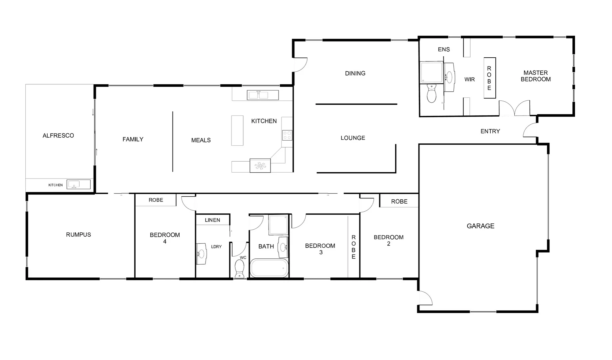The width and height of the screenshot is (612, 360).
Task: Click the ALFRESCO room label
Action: (x=58, y=135)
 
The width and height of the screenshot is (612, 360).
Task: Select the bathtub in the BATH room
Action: (x=269, y=268)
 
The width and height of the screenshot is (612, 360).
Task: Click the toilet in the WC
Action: (x=240, y=268)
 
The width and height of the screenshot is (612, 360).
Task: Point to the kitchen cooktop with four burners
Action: (x=287, y=135)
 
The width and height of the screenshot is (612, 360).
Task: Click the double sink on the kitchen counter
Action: (x=263, y=95)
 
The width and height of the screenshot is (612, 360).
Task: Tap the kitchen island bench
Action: (x=237, y=130)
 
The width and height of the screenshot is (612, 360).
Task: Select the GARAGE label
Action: (x=480, y=226)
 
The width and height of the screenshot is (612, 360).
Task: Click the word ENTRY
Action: (x=490, y=131)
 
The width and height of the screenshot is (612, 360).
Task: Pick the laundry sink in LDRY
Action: (x=201, y=254)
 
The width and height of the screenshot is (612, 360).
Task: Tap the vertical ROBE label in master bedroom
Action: (x=489, y=78)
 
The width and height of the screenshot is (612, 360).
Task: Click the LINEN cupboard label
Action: (x=212, y=220)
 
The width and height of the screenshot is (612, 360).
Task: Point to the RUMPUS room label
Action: (x=78, y=235)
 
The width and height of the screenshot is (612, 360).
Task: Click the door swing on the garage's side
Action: (x=425, y=298)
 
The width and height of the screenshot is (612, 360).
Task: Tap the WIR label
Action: (x=469, y=79)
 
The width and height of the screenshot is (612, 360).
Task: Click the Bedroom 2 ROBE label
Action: (x=399, y=201)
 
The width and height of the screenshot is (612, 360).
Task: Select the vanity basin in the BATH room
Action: (x=283, y=247)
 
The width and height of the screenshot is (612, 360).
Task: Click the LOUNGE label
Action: (x=353, y=138)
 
